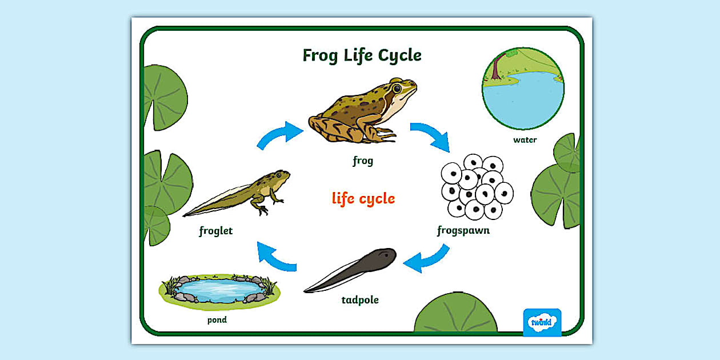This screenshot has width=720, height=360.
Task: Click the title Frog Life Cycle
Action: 362,55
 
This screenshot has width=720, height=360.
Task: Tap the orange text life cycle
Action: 363,199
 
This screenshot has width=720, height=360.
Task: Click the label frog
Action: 363,161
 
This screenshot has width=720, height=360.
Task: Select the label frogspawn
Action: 463,231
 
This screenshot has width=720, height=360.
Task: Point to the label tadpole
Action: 360,300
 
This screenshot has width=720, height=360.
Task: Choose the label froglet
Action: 216,231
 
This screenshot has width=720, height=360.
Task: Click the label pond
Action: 217,320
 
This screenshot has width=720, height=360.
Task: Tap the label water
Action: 525,140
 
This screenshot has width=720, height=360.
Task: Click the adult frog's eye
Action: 397,89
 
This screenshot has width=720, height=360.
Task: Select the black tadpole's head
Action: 380,258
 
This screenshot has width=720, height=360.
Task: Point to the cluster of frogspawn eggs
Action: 477,186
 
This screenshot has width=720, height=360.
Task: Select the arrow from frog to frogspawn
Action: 429,136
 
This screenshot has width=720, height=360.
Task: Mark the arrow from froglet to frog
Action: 279,135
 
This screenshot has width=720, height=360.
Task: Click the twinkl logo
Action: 542,322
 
